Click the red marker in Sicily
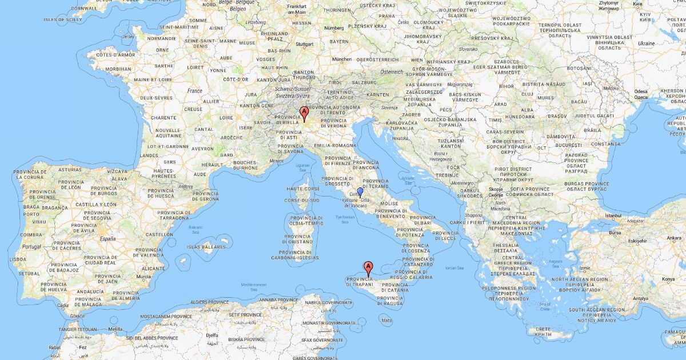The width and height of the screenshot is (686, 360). coord(369,266)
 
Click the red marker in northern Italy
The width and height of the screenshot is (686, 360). coord(304,112)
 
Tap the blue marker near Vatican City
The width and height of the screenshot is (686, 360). coord(360,192)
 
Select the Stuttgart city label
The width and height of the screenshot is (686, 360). coord(305,44)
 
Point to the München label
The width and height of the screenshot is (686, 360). coord(342,59)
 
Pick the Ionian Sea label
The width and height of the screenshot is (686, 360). coord(456,267)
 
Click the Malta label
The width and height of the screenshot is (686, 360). coord(387,321)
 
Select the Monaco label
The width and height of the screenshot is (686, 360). coord(277,161)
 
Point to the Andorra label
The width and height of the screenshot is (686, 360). coord(185,186)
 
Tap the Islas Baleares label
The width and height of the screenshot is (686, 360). coord(206,247)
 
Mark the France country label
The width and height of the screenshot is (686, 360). coord(195,90)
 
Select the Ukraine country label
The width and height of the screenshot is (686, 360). coord(646,43)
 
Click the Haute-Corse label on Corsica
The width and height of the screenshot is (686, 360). coord(302,189)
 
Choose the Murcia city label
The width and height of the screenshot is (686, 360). coord(144,277)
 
